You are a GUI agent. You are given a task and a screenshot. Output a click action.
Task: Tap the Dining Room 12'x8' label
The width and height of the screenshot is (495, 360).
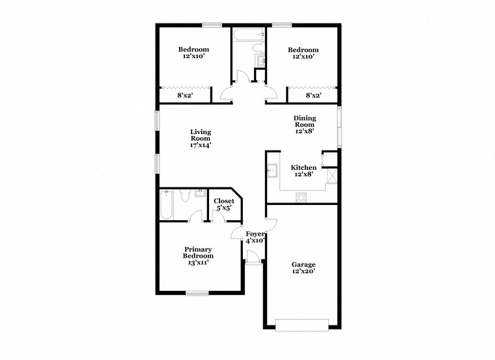(x=304, y=124)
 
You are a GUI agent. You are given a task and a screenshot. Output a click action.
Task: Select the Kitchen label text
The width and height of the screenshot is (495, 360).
(x=304, y=171)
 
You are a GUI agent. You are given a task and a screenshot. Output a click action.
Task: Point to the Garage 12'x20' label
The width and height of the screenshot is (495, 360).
(x=304, y=268)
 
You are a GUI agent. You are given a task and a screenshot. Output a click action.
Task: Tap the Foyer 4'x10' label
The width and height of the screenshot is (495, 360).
(x=253, y=237)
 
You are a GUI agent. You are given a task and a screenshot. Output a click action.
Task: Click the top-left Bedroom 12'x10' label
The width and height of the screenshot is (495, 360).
(x=194, y=53)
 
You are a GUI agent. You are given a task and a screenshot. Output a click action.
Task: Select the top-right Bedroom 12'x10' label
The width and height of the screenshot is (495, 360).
(x=304, y=53)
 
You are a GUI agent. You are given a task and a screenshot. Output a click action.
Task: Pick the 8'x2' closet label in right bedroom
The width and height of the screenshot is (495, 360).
(x=314, y=96)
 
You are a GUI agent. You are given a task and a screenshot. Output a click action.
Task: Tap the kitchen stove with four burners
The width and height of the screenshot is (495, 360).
(x=302, y=198)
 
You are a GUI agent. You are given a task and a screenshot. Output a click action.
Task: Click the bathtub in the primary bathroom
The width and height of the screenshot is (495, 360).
(x=166, y=204)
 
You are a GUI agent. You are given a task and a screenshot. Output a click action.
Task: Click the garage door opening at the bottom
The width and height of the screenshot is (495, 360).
(x=302, y=324)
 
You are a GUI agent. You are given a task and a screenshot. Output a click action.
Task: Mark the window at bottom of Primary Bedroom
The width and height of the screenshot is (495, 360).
(x=197, y=293)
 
